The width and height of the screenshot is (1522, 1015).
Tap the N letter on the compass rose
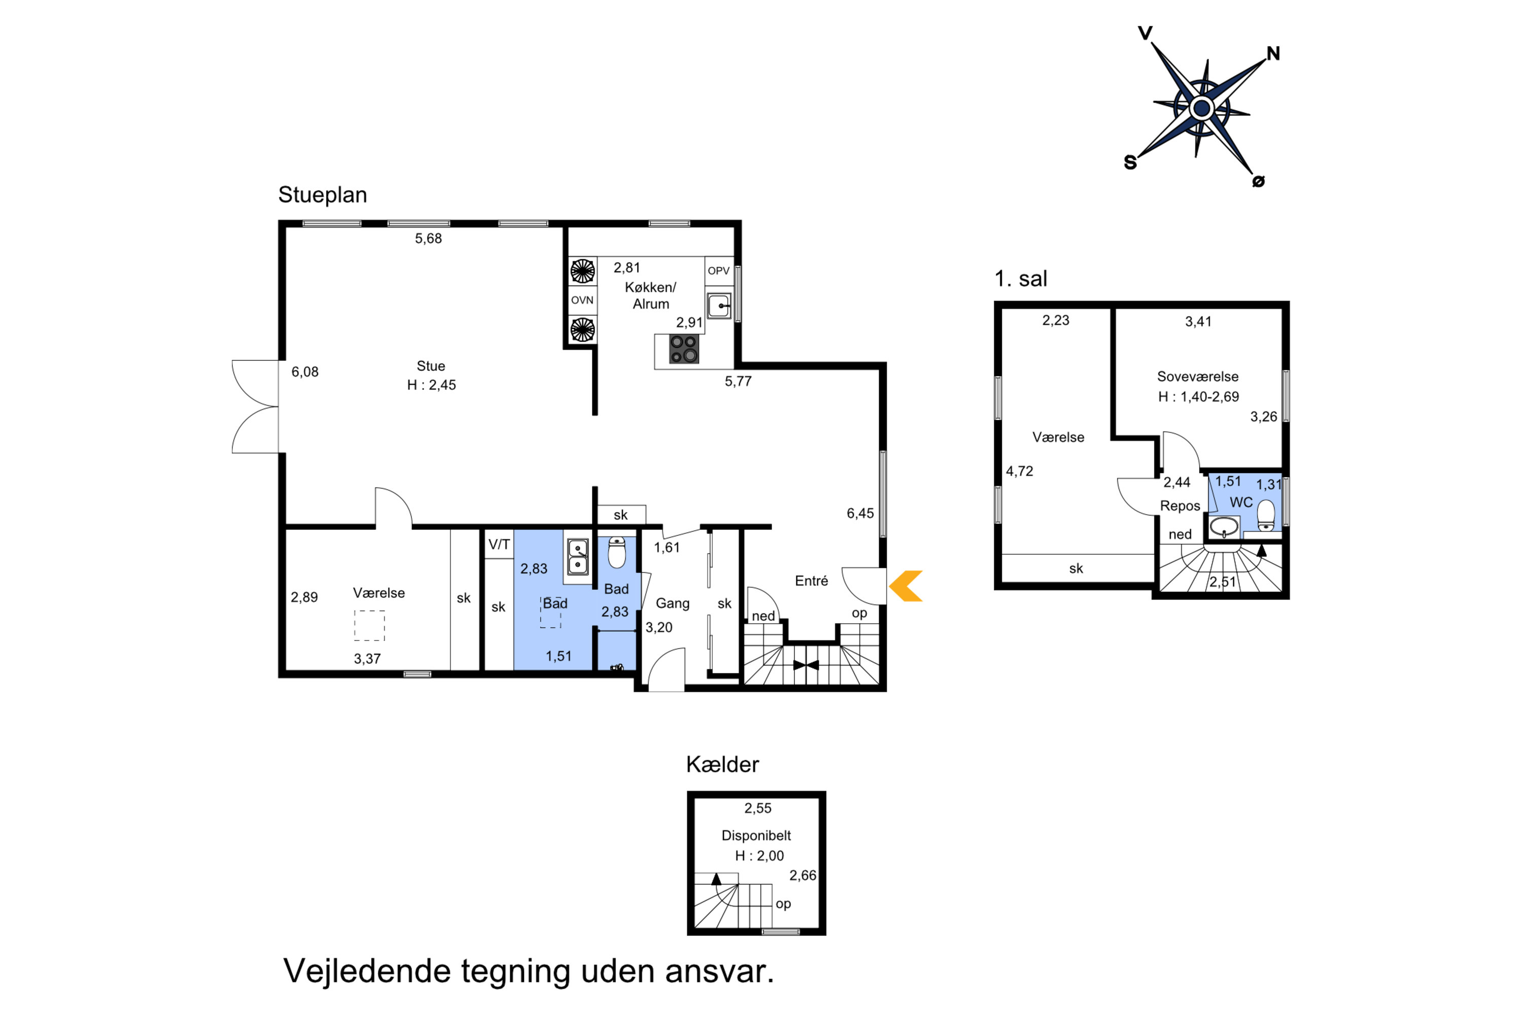(1273, 54)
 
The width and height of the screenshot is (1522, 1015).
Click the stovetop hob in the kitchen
(683, 349)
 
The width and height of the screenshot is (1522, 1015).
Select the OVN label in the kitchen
(582, 300)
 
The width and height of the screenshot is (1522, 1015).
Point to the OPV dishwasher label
(718, 270)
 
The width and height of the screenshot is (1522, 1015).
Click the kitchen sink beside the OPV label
(719, 306)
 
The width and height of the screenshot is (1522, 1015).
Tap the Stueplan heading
(322, 195)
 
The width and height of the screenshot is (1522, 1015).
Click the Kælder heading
(722, 764)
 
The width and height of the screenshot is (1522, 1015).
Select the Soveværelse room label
(1198, 377)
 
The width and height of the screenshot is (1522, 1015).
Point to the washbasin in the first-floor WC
(1224, 527)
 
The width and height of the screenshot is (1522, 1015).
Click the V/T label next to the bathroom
(499, 545)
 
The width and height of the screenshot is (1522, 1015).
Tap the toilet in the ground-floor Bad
(617, 552)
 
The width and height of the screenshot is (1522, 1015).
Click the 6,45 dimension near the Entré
(860, 513)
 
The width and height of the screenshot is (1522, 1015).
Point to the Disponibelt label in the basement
(756, 836)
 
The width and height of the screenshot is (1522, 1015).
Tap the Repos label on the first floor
(1180, 505)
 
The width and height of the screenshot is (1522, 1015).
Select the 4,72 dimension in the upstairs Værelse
(1019, 471)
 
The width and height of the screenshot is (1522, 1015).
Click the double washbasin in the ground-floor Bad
(577, 557)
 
